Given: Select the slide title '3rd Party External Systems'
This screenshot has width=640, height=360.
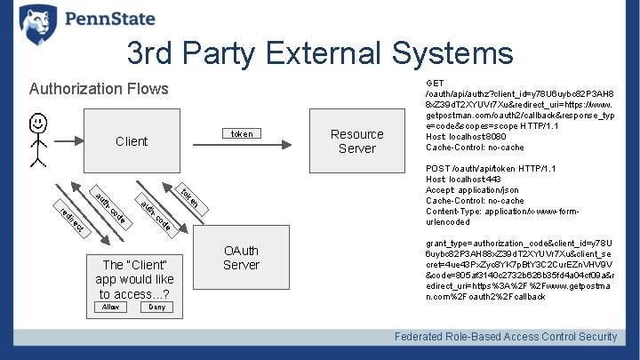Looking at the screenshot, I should click(x=320, y=54).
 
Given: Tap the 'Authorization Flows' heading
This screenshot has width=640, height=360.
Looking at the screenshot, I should click(x=98, y=89).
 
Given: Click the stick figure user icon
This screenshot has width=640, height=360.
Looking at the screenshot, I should click(x=36, y=140).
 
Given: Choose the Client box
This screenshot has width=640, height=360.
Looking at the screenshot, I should click(x=132, y=141).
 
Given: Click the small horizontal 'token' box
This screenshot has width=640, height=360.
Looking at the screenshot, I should click(x=242, y=134).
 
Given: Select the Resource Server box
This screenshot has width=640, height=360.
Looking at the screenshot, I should click(x=356, y=141).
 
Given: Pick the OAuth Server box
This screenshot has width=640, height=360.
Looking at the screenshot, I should click(x=241, y=258).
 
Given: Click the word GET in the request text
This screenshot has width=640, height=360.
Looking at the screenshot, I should click(x=436, y=82).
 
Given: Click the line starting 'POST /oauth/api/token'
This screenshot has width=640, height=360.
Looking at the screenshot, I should click(x=491, y=169).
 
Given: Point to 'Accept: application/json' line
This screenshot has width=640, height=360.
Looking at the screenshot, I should click(x=472, y=190).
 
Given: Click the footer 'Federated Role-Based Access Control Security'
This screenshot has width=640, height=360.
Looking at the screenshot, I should click(x=506, y=336).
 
